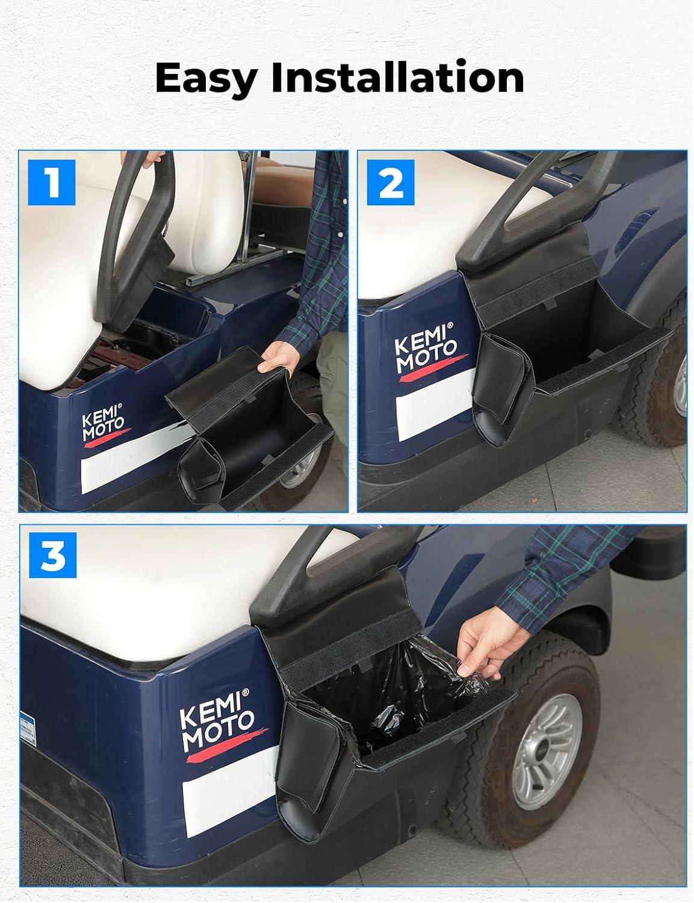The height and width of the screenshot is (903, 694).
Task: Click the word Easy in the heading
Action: coord(206,78)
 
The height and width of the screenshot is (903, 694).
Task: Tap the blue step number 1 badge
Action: coord(52,182)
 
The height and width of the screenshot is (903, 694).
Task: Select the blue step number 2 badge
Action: coord(391,182)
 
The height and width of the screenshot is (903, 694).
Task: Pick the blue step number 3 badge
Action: coord(53,555)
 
